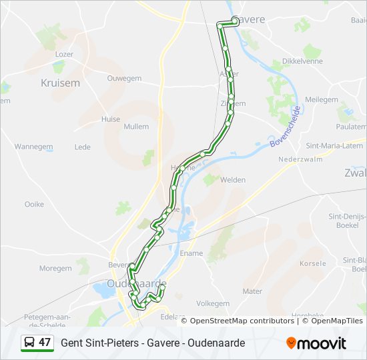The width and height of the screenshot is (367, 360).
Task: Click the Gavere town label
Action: point(251,19)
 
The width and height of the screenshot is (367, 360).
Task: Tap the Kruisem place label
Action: point(60,83)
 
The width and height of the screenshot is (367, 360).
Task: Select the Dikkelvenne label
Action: point(303,61)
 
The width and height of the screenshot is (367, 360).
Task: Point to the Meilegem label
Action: point(322,99)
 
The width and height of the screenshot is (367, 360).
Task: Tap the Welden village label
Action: point(233,180)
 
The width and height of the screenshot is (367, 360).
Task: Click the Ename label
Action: point(191,253)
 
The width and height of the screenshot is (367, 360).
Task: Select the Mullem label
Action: point(136,126)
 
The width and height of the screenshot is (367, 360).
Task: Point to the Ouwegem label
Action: point(124,78)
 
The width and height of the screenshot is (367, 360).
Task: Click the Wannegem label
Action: point(33,146)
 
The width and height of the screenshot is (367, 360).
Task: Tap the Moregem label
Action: point(55,269)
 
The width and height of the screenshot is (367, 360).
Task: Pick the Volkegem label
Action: point(213,303)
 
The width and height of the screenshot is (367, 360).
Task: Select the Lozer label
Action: point(64,54)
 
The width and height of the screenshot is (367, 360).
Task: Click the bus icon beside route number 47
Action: point(29,343)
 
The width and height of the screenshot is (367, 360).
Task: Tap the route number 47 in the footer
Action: point(45,343)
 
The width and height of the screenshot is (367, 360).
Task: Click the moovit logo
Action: point(316,343)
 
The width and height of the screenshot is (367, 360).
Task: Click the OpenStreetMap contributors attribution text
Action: point(242,321)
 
